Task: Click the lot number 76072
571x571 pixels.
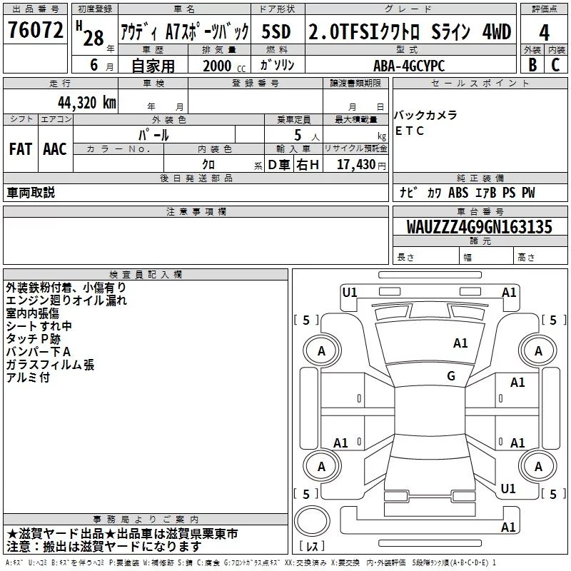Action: click(35, 29)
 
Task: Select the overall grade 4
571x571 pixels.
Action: click(544, 33)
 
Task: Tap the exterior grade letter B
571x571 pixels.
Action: click(532, 65)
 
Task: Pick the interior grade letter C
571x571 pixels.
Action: click(555, 65)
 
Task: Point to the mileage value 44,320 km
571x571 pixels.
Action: click(87, 103)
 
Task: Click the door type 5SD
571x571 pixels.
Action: click(276, 31)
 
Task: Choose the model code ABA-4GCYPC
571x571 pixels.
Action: click(409, 66)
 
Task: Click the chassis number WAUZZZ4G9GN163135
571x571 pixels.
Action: click(479, 227)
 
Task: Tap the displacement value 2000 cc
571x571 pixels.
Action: click(224, 66)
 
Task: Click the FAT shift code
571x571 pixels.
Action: click(21, 149)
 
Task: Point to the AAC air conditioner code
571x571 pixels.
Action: click(55, 149)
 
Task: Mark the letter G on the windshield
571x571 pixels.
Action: click(451, 375)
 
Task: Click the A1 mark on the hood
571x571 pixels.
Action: click(460, 343)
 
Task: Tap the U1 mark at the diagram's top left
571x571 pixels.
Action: click(350, 292)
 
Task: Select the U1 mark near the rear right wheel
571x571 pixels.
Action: click(508, 488)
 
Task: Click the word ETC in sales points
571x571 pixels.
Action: click(409, 131)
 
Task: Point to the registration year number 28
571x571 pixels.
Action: click(94, 38)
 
